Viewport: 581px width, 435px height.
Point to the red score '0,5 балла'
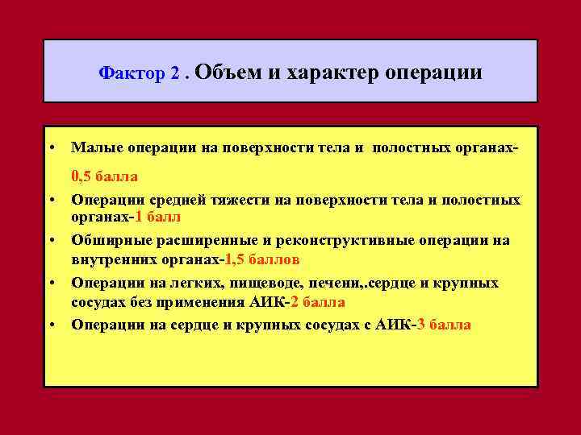tap(104, 176)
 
